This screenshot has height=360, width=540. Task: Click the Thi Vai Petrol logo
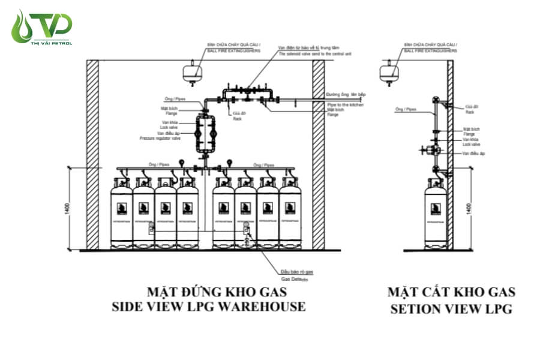(x=42, y=27)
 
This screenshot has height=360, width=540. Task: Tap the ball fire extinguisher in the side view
(x=191, y=71)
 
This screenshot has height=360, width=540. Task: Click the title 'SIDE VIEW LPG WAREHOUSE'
(x=208, y=307)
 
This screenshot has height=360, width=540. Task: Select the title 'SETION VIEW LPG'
(x=452, y=310)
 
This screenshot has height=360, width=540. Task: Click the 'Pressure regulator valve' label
(x=160, y=138)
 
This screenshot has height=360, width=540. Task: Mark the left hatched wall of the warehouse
(x=92, y=155)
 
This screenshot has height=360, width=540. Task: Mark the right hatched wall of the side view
(x=318, y=155)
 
